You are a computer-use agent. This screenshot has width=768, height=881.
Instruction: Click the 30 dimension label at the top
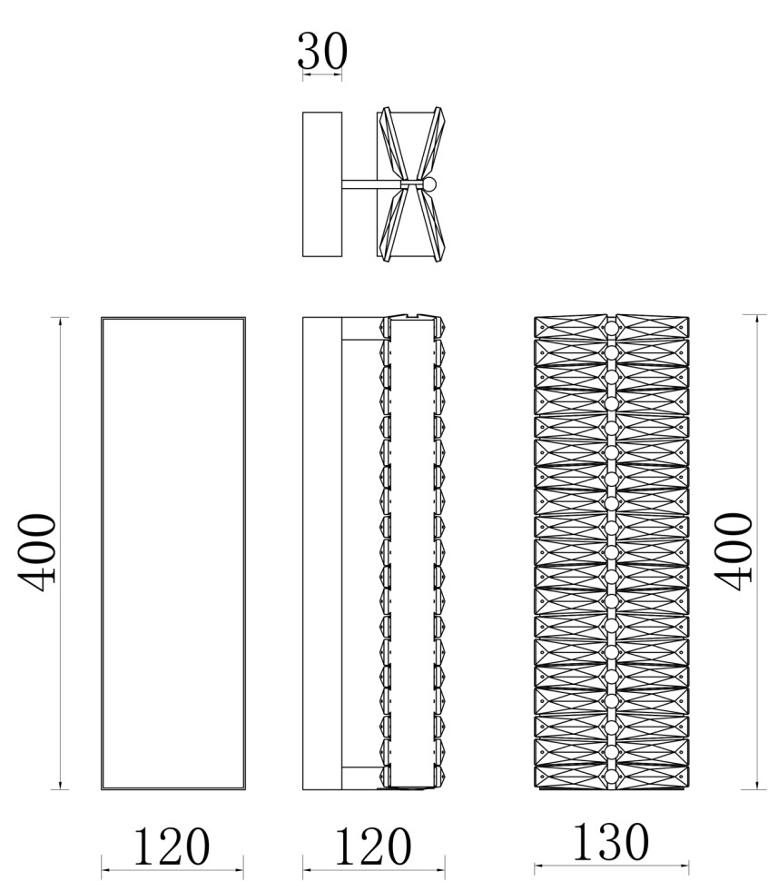pos(322,51)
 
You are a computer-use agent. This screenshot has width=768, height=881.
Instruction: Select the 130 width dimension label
pos(611,842)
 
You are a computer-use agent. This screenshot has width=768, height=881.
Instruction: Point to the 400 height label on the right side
pos(733,551)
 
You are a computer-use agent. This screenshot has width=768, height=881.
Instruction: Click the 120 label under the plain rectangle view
pos(172,846)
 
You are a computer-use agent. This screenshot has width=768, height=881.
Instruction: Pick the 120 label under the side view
pos(373,846)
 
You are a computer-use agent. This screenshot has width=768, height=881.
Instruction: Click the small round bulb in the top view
pos(430,183)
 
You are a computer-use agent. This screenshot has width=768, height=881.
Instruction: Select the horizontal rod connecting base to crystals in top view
pos(371,183)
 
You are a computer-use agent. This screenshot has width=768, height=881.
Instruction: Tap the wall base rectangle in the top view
pos(322,184)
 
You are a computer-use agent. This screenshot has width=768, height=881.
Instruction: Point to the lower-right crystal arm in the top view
pos(432,223)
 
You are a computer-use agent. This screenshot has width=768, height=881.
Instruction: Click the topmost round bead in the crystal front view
pos(611,328)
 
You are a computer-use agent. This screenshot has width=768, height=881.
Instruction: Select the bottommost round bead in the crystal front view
pos(611,777)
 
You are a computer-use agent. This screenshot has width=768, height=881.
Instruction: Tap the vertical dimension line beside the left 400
pos(60,553)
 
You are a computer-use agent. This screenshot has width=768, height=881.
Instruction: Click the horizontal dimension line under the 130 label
pos(611,866)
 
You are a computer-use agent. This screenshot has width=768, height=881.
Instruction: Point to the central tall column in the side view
pos(413,552)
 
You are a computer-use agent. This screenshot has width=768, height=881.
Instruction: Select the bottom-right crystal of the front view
pos(653,776)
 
